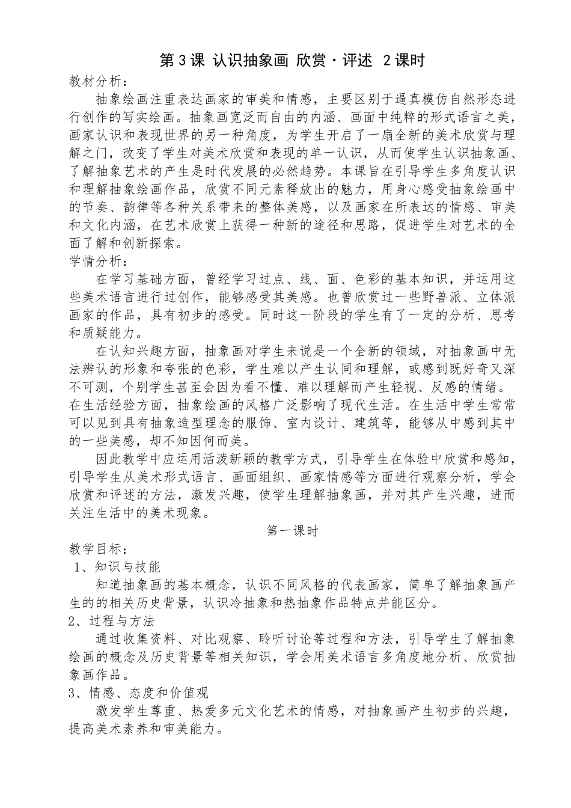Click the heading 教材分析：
tap(99, 81)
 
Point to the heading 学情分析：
tap(99, 262)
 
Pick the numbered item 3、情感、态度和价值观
tap(139, 693)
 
